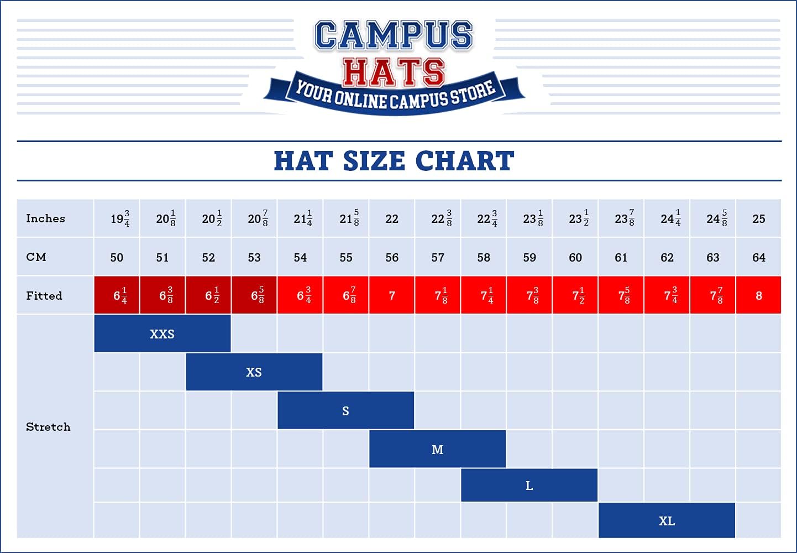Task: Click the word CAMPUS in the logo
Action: click(x=394, y=35)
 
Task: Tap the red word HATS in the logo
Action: click(x=393, y=72)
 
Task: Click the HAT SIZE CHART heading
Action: click(x=394, y=161)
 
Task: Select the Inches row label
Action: click(x=45, y=218)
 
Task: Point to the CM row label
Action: click(x=36, y=257)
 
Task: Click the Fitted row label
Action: click(x=44, y=295)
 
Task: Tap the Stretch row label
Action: click(x=48, y=427)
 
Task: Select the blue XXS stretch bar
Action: click(x=162, y=333)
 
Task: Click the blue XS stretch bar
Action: click(x=254, y=372)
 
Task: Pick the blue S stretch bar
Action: click(x=345, y=410)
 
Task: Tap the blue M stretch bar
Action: click(x=437, y=449)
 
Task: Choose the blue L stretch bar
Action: click(x=529, y=486)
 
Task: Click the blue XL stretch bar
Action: click(x=667, y=520)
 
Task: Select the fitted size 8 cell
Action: click(x=758, y=295)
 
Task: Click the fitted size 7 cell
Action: click(x=392, y=295)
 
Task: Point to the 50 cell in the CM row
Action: click(x=117, y=257)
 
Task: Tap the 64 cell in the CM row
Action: click(x=758, y=257)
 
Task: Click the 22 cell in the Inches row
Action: click(x=392, y=218)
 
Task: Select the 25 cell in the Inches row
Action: click(x=758, y=218)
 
